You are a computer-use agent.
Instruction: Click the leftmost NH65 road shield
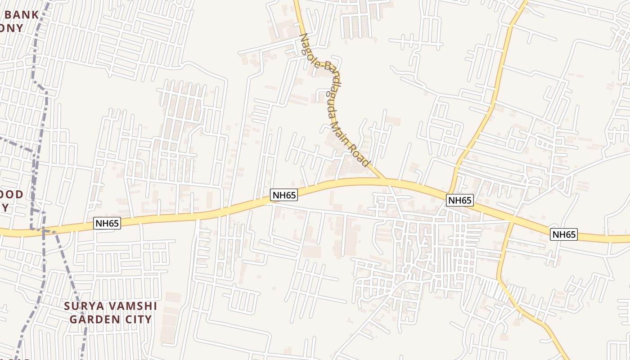(x=107, y=223)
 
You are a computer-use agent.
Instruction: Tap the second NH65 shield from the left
(x=284, y=195)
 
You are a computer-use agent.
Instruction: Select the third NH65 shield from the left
(x=459, y=200)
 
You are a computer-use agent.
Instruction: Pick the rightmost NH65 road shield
(x=564, y=234)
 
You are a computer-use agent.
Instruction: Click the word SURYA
(x=84, y=306)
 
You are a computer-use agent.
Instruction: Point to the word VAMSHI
(x=134, y=306)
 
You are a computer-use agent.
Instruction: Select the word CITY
(x=137, y=319)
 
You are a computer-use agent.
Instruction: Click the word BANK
(x=22, y=15)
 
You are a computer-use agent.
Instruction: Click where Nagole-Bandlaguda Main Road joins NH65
(x=385, y=179)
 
